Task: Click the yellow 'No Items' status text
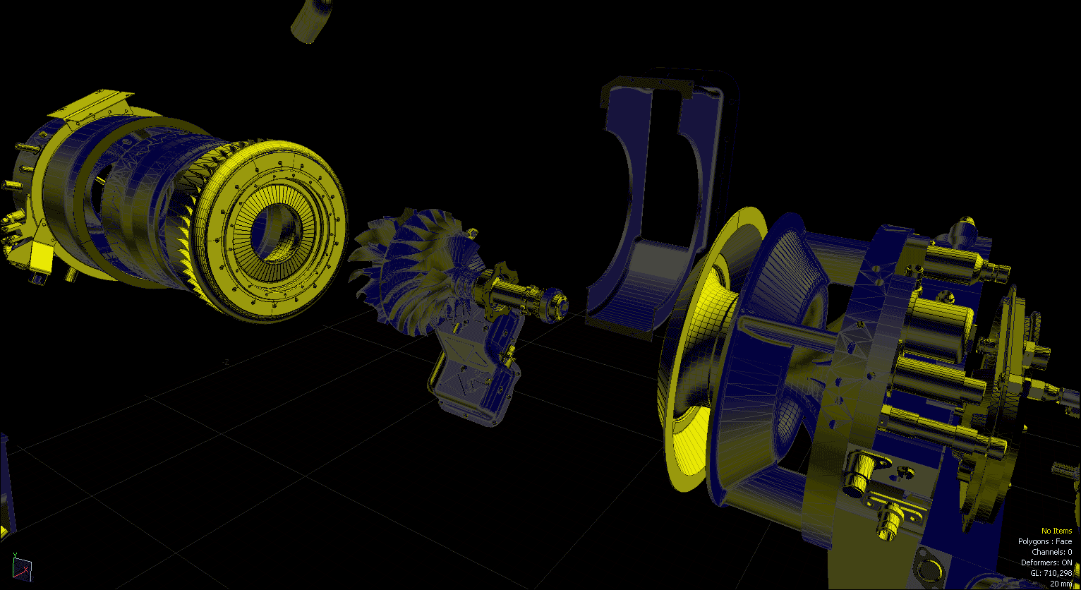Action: [x=1056, y=531]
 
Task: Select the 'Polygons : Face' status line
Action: [x=1044, y=541]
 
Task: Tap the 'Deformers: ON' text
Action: [x=1046, y=562]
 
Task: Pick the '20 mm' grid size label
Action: [x=1061, y=584]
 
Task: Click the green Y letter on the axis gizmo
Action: [x=15, y=555]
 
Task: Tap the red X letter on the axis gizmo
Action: [x=26, y=569]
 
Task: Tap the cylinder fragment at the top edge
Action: [x=311, y=20]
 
